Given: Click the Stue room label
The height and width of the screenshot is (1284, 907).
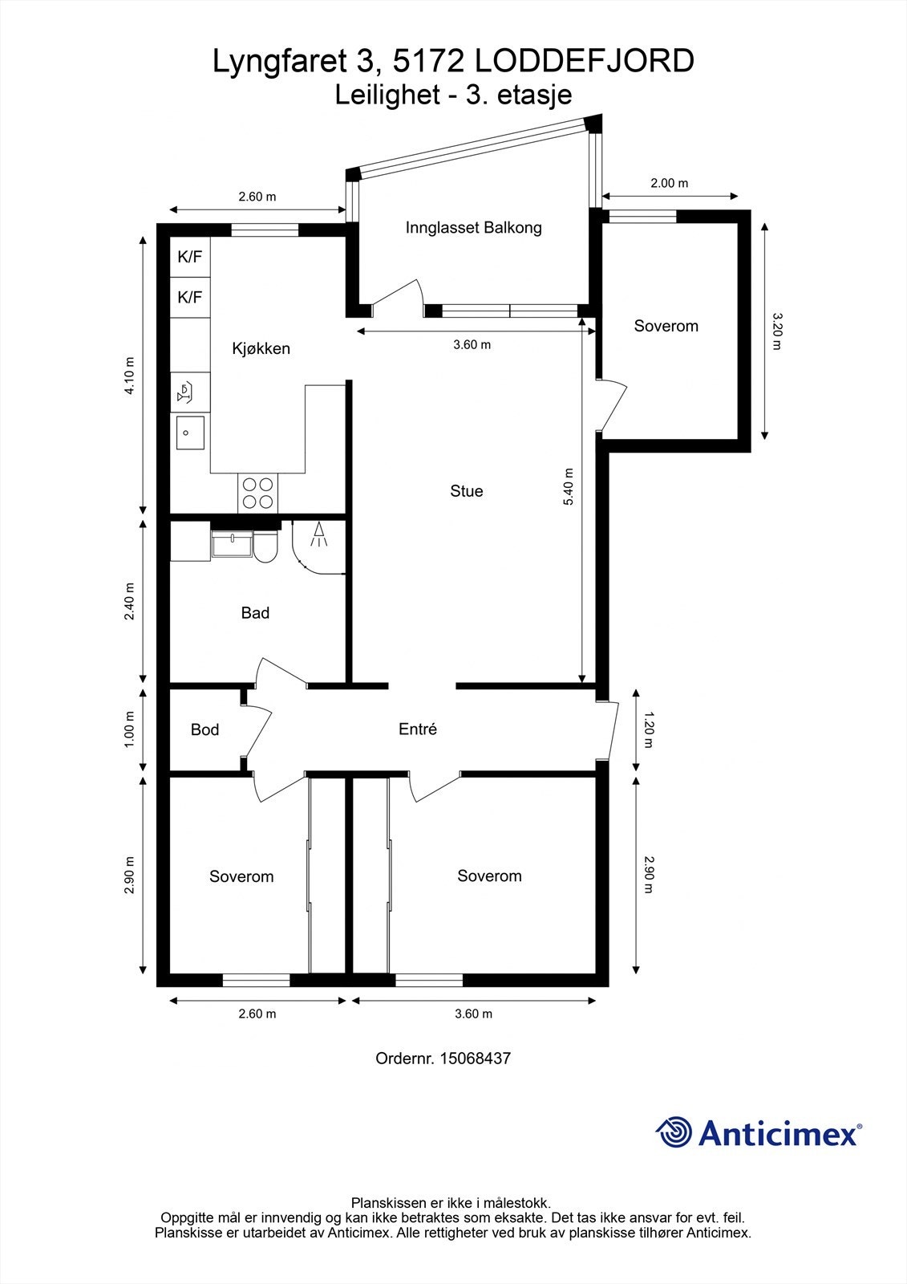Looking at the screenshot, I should pos(466,491).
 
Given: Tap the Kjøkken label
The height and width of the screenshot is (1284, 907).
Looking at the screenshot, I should pos(261,348).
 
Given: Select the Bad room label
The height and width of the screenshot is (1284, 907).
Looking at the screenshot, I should pos(255,613).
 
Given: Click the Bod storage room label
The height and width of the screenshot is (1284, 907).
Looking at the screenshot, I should pos(204,729).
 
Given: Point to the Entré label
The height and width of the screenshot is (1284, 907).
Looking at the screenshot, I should pos(418,729).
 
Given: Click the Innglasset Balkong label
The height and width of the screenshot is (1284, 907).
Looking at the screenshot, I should pos(473,228).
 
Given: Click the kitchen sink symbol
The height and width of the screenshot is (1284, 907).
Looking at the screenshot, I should pos(189,433).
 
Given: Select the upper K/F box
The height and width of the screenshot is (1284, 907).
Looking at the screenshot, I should pos(190,258).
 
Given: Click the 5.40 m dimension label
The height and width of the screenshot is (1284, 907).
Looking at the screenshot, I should pos(569,486).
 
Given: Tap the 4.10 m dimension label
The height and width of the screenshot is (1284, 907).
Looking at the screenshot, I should pos(130,375).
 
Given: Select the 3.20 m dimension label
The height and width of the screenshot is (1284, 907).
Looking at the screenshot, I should pos(776,331).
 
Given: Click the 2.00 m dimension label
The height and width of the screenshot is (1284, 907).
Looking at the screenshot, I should pos(669,183).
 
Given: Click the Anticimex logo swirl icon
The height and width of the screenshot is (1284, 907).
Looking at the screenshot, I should pos(674,1133).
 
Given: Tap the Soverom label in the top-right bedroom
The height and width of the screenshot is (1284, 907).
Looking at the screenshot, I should pos(666,326).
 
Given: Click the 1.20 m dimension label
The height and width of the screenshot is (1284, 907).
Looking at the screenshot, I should pos(649,729).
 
